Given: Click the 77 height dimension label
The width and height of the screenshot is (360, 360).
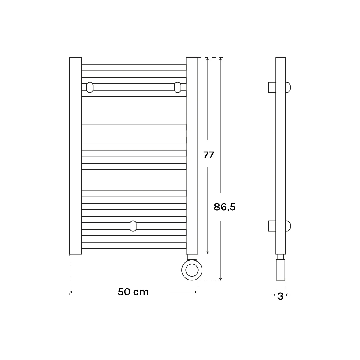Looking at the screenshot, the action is (x=208, y=155).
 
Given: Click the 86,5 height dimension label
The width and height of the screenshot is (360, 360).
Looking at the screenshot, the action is (x=225, y=207).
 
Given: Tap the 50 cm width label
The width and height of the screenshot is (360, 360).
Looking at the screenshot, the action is (x=133, y=292).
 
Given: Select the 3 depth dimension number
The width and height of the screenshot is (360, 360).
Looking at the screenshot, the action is (x=280, y=296).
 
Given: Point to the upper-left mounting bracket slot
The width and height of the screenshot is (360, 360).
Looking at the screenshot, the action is (x=90, y=87).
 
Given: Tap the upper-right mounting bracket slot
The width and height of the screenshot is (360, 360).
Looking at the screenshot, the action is (x=178, y=87).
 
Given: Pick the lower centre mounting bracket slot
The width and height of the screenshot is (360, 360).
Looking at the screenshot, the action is (x=133, y=226).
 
